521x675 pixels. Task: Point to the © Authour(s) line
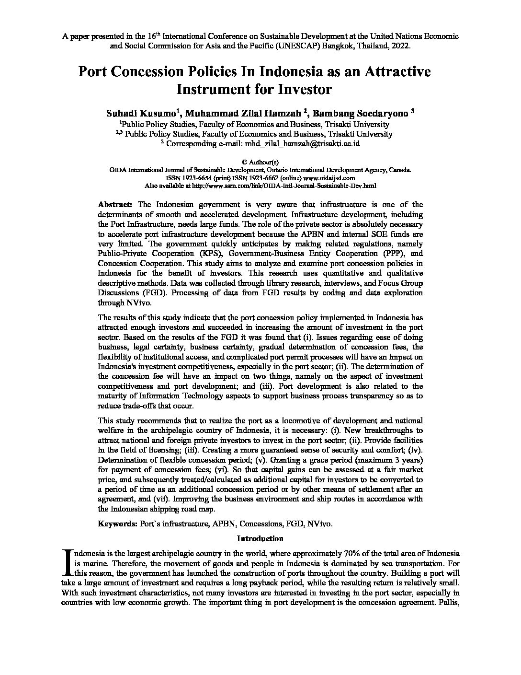pos(260,162)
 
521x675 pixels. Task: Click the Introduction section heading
pos(260,538)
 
